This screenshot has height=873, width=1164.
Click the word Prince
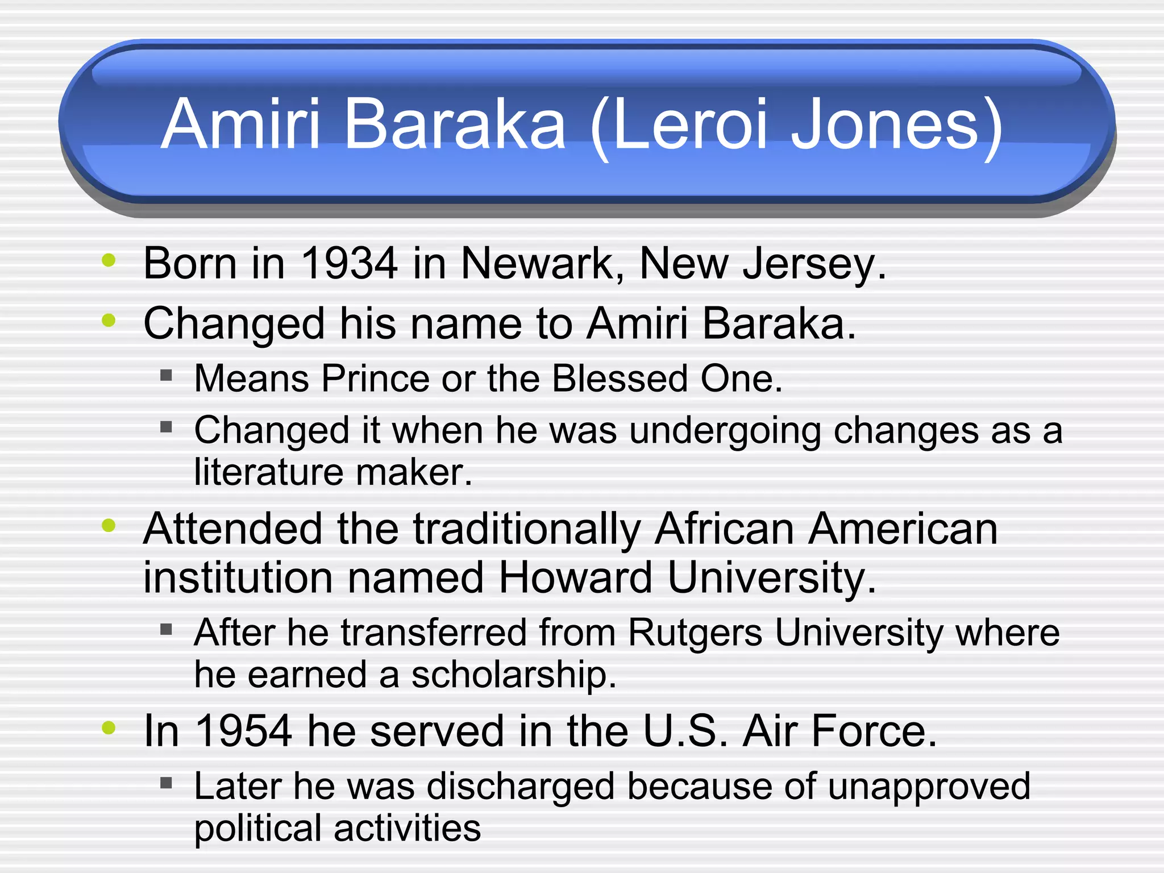(375, 379)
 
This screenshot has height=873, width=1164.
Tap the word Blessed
(620, 379)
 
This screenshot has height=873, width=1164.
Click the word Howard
(575, 578)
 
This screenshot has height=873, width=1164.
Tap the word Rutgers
(695, 633)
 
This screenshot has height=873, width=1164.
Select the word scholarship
(513, 675)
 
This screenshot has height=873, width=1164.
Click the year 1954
(243, 731)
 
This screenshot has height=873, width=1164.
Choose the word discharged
(521, 787)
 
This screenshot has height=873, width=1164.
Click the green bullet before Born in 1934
(109, 261)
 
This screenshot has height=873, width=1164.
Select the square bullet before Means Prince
(166, 375)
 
